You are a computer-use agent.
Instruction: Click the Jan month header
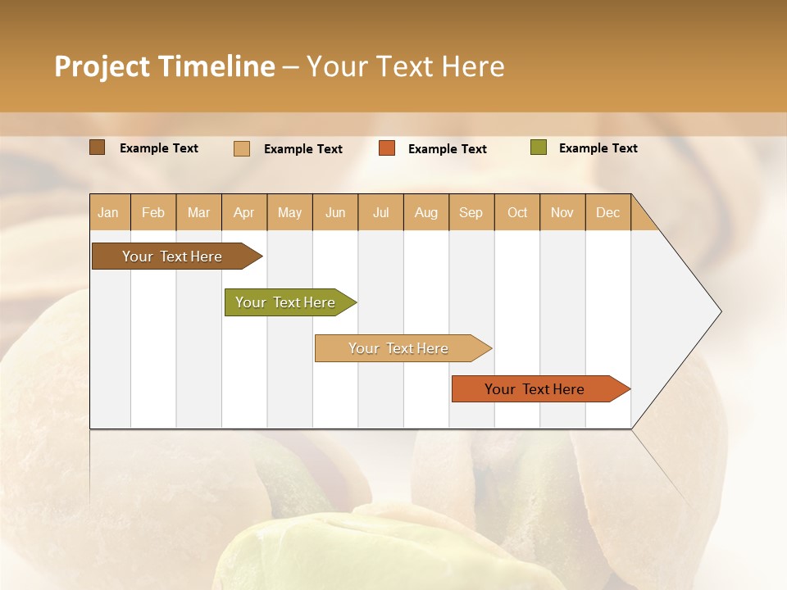click(108, 212)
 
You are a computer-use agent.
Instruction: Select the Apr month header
click(243, 212)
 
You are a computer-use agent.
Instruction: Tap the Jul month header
click(380, 212)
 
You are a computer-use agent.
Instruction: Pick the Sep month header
click(471, 212)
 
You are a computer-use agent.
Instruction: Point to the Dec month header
click(607, 212)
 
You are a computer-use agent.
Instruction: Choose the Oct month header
click(516, 212)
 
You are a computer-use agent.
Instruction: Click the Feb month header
click(153, 212)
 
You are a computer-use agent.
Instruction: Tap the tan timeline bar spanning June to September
click(399, 348)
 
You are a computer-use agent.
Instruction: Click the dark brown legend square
click(98, 147)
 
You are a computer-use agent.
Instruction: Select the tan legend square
click(242, 148)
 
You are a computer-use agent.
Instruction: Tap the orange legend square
click(387, 148)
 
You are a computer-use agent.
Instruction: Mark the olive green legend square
click(539, 147)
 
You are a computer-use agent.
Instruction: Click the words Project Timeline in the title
click(164, 66)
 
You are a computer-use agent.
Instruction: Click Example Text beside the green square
click(598, 148)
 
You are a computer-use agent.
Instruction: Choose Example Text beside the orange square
click(447, 149)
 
